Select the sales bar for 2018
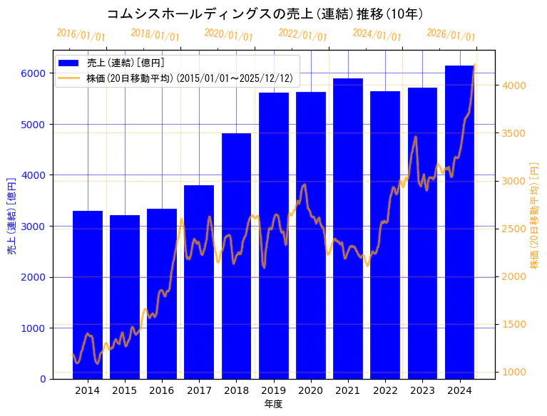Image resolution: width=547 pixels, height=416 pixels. pyautogui.click(x=236, y=256)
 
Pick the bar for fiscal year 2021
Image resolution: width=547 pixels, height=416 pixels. pyautogui.click(x=348, y=229)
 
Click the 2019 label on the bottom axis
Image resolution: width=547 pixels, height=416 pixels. pyautogui.click(x=274, y=390)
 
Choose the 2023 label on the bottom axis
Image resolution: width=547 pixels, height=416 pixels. pyautogui.click(x=422, y=390)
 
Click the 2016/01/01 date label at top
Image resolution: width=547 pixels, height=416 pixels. pyautogui.click(x=81, y=35)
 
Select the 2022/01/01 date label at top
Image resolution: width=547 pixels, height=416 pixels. pyautogui.click(x=302, y=35)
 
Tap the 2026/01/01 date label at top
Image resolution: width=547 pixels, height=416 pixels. pyautogui.click(x=451, y=35)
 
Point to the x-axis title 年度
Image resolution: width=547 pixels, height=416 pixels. pyautogui.click(x=273, y=404)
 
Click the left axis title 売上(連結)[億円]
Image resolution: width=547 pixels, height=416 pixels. pyautogui.click(x=11, y=215)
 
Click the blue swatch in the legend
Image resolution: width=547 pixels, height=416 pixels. pyautogui.click(x=70, y=63)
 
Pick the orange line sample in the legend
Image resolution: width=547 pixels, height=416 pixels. pyautogui.click(x=70, y=78)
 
